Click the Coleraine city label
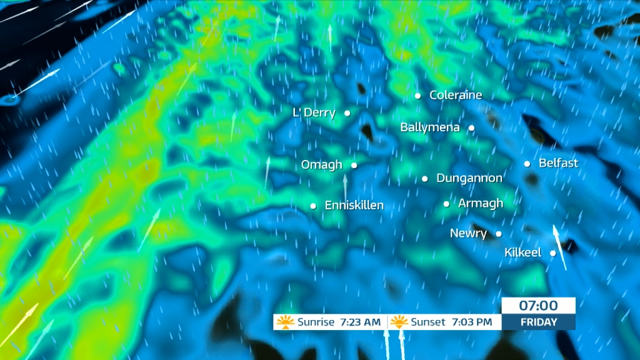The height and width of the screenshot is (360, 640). tap(456, 96)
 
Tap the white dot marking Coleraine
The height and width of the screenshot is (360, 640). tap(418, 96)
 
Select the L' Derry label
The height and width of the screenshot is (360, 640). tap(314, 113)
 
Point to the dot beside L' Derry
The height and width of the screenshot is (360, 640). tap(347, 113)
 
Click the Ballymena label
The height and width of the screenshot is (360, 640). tap(430, 127)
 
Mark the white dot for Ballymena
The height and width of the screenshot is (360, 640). tap(471, 128)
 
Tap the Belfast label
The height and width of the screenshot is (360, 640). tap(558, 163)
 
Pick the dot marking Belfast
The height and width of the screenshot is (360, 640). tap(527, 164)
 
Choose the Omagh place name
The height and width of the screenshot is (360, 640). tap(321, 165)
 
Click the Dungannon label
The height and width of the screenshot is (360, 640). tap(469, 178)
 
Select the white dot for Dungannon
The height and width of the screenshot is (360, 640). tap(425, 179)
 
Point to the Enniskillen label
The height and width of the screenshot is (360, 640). tap(354, 205)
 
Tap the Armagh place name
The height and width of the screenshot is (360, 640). tap(480, 203)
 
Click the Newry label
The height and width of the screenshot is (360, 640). tap(468, 234)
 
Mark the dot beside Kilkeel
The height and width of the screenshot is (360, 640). tap(553, 253)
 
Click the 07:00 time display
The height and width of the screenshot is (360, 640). tap(538, 306)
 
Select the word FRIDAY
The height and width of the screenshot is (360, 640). tap(538, 322)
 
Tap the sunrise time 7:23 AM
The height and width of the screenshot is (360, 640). tap(360, 322)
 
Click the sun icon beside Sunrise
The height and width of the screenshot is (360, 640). tap(286, 322)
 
